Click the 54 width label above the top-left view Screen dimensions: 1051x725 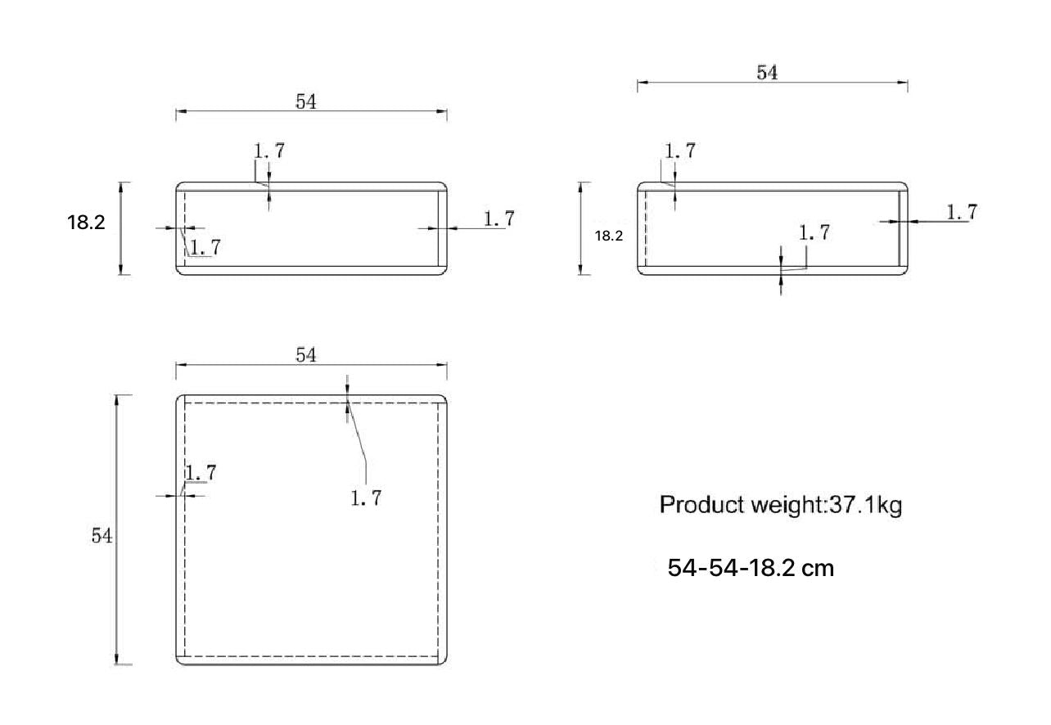tap(306, 101)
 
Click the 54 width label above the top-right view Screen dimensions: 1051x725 tap(767, 73)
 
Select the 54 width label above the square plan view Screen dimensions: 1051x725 tap(306, 355)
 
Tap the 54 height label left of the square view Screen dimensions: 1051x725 tap(101, 535)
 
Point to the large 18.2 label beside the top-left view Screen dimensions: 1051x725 tap(86, 223)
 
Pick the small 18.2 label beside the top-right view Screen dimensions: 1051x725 tap(608, 236)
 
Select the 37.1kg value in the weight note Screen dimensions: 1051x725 tap(866, 506)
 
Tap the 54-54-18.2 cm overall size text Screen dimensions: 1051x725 tap(751, 568)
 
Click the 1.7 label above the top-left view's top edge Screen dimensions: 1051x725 tap(269, 151)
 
